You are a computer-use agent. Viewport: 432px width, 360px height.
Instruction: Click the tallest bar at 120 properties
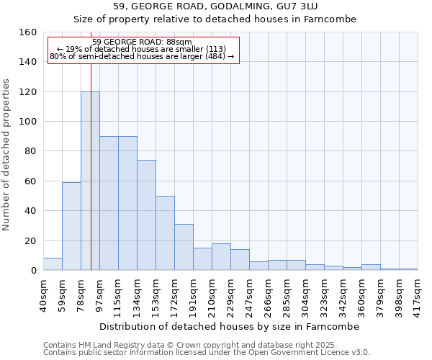click(90, 181)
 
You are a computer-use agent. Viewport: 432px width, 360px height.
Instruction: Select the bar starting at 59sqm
click(71, 226)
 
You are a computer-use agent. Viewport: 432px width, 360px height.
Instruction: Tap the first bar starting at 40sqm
click(53, 264)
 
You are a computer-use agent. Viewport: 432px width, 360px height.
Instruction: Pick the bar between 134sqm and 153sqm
click(146, 215)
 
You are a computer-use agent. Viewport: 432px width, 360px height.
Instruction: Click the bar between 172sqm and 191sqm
click(184, 247)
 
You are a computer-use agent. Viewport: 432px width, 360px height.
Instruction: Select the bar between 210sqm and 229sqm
click(221, 257)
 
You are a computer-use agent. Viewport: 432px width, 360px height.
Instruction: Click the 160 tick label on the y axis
click(28, 32)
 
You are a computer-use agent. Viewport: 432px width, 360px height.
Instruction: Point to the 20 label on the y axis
click(31, 240)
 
